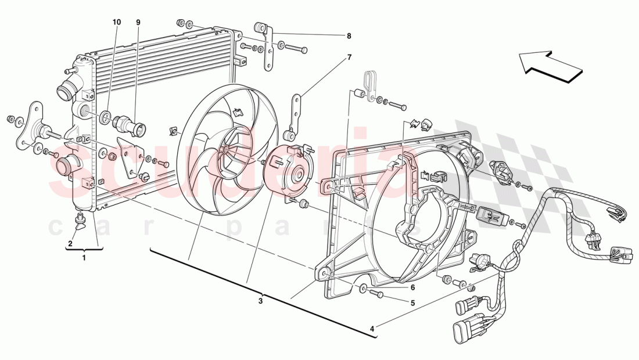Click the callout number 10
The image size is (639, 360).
117,22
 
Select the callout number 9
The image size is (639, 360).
138,22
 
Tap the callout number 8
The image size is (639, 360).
349,36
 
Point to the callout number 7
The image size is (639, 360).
349,57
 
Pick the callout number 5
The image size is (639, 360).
413,303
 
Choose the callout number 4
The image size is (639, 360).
372,329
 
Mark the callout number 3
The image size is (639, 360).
261,301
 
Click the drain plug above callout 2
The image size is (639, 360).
80,220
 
